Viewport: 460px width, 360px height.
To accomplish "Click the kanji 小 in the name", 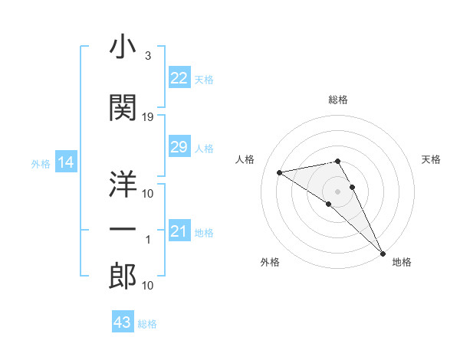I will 123,49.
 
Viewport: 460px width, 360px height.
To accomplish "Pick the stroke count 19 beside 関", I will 148,116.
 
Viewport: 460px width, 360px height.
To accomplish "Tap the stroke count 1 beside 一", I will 148,240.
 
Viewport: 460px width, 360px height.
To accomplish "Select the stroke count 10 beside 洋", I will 148,193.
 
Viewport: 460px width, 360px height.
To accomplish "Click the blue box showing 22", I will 179,79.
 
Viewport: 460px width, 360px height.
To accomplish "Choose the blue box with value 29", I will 179,148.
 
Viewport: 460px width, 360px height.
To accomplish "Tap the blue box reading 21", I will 179,231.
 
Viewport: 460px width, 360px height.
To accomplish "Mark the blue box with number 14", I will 65,162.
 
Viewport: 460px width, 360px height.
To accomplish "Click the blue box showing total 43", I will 122,322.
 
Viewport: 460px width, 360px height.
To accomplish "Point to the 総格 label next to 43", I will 148,324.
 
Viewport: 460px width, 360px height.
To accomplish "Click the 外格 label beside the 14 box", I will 41,163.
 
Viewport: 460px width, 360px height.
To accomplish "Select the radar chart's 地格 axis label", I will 402,262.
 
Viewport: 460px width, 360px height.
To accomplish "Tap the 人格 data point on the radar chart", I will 280,172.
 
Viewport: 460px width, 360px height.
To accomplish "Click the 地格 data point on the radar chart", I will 383,253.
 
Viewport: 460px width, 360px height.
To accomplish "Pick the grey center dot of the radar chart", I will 337,190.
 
